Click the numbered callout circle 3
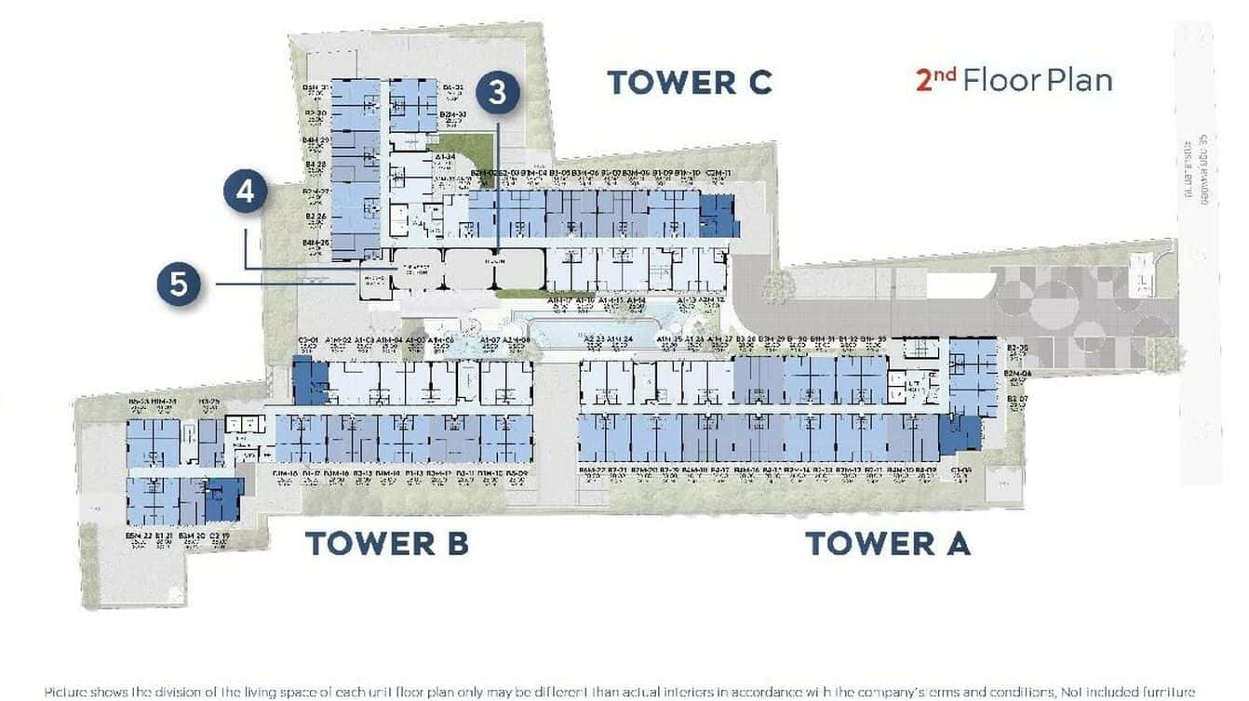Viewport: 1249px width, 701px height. [x=498, y=93]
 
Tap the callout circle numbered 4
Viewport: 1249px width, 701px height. [x=246, y=192]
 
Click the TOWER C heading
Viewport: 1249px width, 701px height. [x=689, y=82]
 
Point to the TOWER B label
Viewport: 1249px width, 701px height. [x=386, y=543]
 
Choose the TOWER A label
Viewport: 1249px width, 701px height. [x=887, y=543]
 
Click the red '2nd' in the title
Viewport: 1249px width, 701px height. [x=934, y=79]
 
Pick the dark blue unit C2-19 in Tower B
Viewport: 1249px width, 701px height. [x=223, y=500]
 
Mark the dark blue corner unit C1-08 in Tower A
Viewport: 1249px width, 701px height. [x=959, y=434]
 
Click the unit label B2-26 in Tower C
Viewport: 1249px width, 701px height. [x=316, y=218]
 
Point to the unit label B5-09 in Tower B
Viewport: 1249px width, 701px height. [x=518, y=474]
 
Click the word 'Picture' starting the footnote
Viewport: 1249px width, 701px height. [x=70, y=692]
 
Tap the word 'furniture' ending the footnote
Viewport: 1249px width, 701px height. [x=1163, y=692]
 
